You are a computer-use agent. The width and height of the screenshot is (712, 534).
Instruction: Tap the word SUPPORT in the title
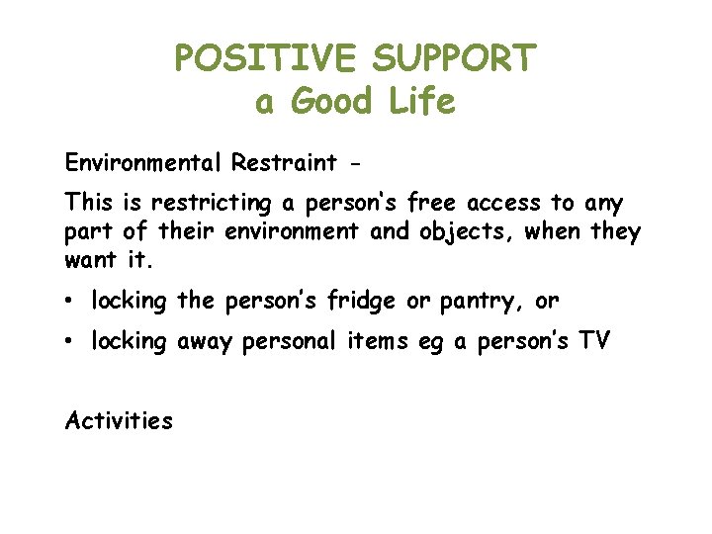click(x=454, y=59)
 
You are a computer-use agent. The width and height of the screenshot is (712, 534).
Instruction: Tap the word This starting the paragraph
click(x=90, y=204)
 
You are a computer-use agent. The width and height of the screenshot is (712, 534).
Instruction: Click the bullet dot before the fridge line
click(x=70, y=300)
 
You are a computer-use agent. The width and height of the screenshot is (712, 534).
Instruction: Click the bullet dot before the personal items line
click(x=70, y=342)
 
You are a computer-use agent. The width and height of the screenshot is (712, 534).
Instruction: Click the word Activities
click(x=119, y=421)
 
